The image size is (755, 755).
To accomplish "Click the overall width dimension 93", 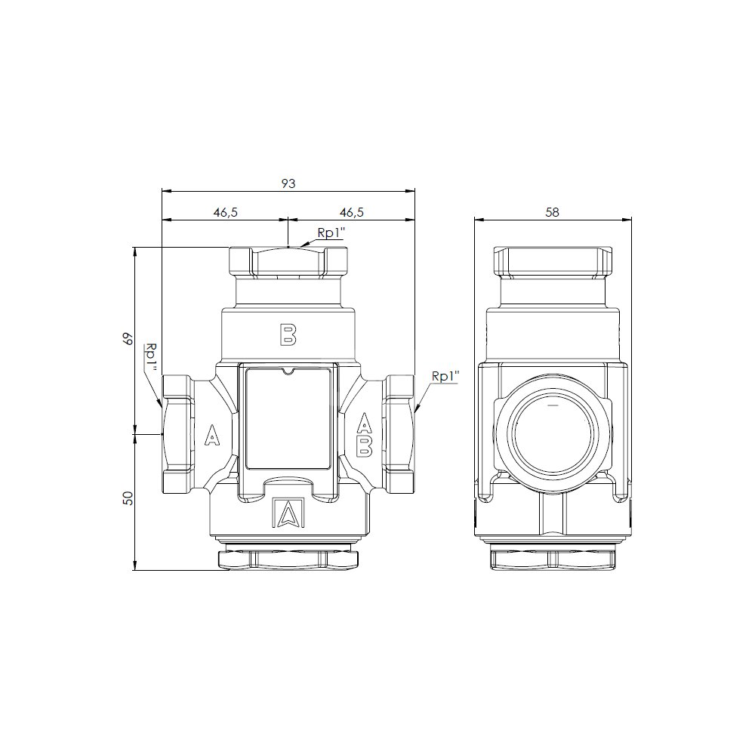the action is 288,183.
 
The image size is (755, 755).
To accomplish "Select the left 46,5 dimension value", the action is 226,212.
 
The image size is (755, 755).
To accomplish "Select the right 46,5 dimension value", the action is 352,212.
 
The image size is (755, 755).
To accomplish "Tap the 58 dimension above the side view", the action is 553,212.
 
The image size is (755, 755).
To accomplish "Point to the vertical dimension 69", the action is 128,339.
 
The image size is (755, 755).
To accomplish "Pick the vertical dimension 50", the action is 128,498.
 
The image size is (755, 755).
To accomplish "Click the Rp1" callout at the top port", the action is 331,233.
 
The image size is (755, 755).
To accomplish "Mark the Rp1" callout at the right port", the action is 445,376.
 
